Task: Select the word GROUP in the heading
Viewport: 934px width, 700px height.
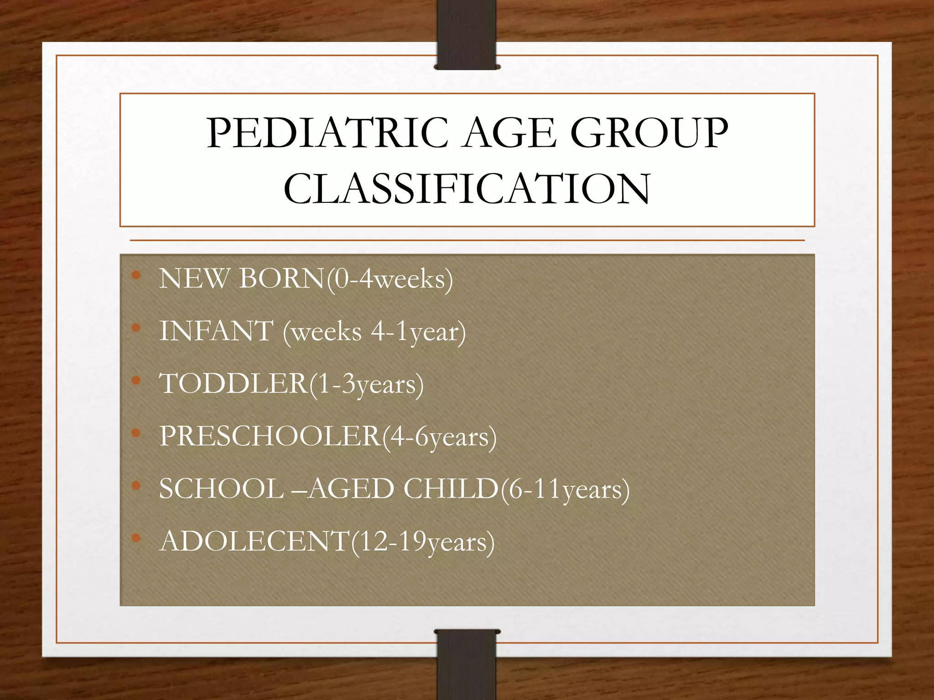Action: click(649, 134)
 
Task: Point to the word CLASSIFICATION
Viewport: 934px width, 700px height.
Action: click(467, 189)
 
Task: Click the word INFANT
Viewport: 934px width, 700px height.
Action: click(216, 331)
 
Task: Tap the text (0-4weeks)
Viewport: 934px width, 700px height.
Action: click(390, 279)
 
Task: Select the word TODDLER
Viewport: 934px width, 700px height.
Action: click(233, 384)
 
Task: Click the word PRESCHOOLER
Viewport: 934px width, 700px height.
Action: click(270, 436)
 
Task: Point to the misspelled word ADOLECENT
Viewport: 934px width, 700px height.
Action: click(254, 541)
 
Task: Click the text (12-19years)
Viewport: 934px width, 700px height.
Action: click(423, 542)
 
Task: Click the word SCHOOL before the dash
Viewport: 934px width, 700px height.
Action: click(221, 489)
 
